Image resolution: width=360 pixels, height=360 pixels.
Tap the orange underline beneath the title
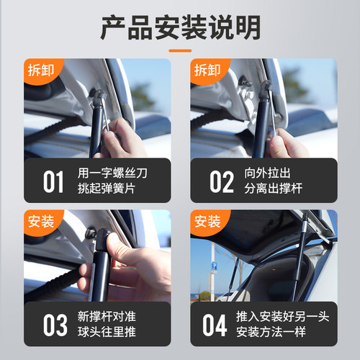179,51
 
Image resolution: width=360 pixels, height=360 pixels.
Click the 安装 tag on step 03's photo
40,221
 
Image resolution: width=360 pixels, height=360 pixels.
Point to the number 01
53,181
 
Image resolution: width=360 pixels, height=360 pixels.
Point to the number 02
221,181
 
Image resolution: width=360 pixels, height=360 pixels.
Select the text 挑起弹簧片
104,189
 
